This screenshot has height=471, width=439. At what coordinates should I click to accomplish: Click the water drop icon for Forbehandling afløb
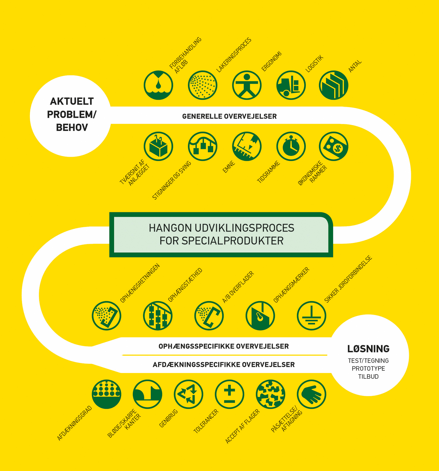(158, 85)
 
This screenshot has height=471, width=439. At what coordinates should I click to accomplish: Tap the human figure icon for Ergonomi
(247, 85)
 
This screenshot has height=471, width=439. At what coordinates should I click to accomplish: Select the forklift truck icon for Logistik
(291, 85)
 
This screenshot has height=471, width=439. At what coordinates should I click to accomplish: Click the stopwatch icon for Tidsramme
(291, 146)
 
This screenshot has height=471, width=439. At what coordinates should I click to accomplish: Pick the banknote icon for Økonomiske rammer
(334, 146)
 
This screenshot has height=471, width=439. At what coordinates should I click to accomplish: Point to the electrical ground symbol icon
(311, 316)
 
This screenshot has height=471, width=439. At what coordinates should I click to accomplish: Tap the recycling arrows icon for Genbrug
(188, 394)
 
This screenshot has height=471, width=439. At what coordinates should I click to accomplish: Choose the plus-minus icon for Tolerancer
(229, 394)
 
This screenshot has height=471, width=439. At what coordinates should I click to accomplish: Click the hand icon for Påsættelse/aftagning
(311, 394)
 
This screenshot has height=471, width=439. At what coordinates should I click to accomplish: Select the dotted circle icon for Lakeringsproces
(203, 85)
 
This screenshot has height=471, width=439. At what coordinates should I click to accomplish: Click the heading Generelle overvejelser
(229, 116)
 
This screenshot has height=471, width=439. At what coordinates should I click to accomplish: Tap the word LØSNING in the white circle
(368, 349)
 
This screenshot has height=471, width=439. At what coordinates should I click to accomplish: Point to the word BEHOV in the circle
(72, 127)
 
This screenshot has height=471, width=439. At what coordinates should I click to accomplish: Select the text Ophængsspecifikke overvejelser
(224, 346)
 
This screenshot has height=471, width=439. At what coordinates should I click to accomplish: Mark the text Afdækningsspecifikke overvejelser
(224, 365)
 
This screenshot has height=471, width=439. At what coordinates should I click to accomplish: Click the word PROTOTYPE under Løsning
(368, 369)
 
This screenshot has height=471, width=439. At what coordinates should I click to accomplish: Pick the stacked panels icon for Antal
(334, 85)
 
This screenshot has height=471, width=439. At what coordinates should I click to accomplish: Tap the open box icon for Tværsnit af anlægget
(158, 146)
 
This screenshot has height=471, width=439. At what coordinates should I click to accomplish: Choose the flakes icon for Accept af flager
(270, 394)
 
